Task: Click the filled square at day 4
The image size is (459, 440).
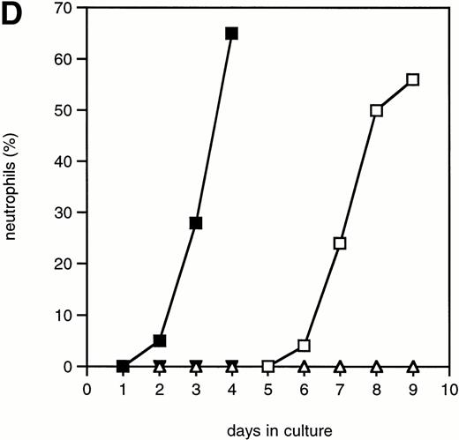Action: [x=231, y=34]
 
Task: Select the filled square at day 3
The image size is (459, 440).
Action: [x=195, y=223]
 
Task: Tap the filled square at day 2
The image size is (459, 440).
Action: [x=160, y=340]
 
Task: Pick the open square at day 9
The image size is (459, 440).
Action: [x=412, y=79]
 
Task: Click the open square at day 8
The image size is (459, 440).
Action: [x=376, y=110]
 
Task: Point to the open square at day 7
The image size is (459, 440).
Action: [x=340, y=243]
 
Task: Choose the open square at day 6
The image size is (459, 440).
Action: [x=304, y=346]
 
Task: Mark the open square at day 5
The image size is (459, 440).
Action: [x=267, y=366]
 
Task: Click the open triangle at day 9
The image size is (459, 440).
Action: [x=412, y=365]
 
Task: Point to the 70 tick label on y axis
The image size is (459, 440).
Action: [x=66, y=8]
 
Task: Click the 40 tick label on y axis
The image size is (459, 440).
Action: [x=66, y=161]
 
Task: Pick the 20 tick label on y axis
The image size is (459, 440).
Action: [x=66, y=264]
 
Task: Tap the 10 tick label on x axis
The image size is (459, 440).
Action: [x=448, y=387]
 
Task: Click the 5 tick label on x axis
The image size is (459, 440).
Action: [x=267, y=387]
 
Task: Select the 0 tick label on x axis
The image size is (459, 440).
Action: [x=87, y=387]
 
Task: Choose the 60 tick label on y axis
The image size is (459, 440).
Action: [x=66, y=59]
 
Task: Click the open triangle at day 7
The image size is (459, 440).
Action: [x=340, y=365]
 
